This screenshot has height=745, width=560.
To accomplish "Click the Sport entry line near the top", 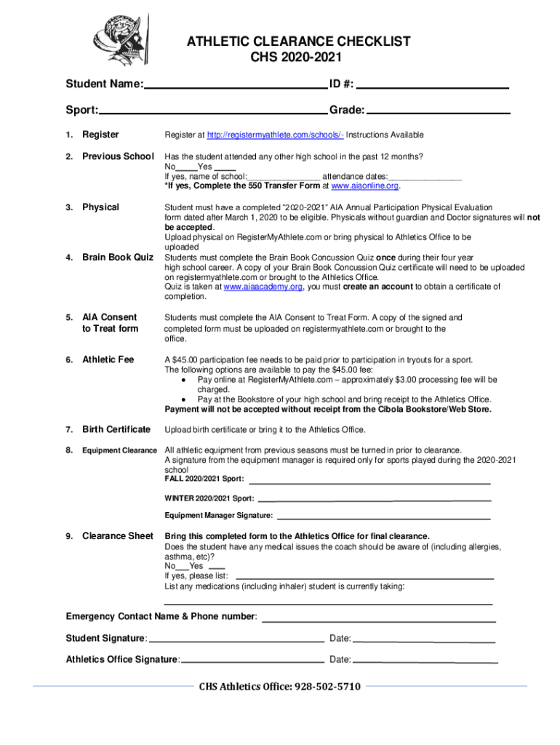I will pos(213,111).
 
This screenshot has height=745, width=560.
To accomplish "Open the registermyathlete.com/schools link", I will pos(275,135).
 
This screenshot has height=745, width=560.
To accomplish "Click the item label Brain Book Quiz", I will pos(118,257).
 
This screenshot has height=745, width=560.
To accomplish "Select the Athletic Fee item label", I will pos(108,359).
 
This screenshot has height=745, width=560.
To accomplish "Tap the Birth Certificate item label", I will pos(116,429).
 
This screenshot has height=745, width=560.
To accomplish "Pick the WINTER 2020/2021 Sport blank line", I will pos(375,499).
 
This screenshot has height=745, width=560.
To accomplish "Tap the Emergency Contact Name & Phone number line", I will pos(377,621).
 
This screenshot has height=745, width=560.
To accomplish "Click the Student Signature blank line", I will pos(236,641).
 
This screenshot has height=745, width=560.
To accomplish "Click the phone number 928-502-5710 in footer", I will pos(327,686).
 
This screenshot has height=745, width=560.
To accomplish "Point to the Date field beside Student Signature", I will pos(424,641).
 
